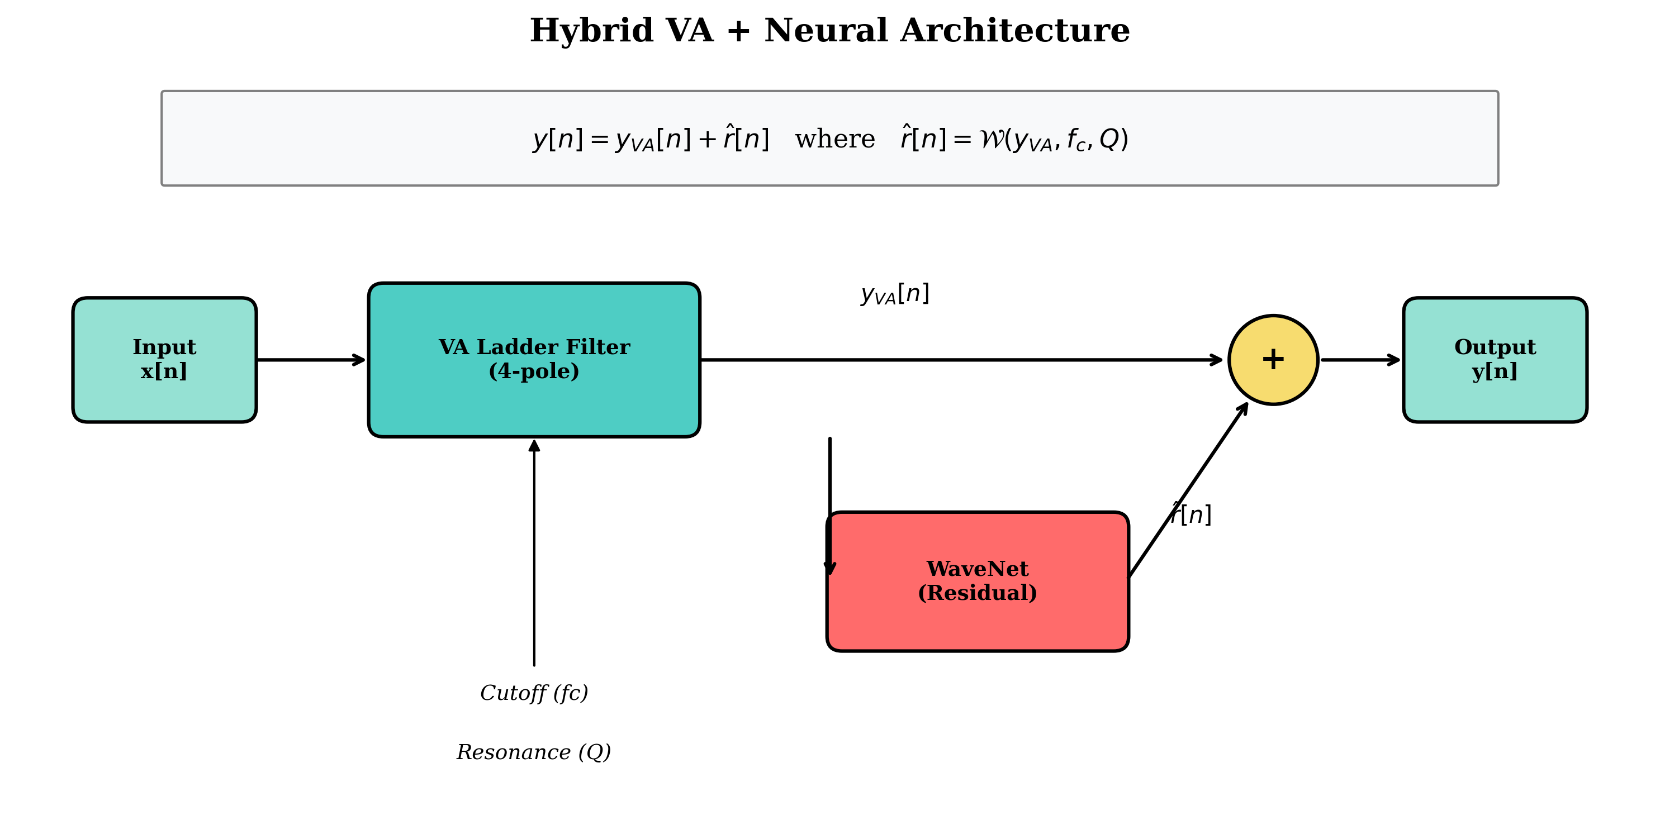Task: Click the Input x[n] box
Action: [164, 359]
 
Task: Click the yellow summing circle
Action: [1273, 359]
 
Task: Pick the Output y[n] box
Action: [1495, 359]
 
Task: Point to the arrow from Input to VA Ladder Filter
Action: [311, 359]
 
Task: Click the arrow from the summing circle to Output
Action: [1360, 359]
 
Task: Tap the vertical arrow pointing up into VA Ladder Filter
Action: [534, 554]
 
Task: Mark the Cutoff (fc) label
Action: [534, 693]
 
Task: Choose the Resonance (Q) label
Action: [534, 752]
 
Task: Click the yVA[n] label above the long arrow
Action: [895, 294]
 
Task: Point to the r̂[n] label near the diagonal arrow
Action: [1192, 514]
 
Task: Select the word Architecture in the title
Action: [1014, 31]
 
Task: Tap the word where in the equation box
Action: [834, 139]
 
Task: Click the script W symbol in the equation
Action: [990, 139]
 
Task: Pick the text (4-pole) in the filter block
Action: [534, 371]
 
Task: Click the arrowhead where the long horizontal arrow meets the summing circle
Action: [1217, 359]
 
